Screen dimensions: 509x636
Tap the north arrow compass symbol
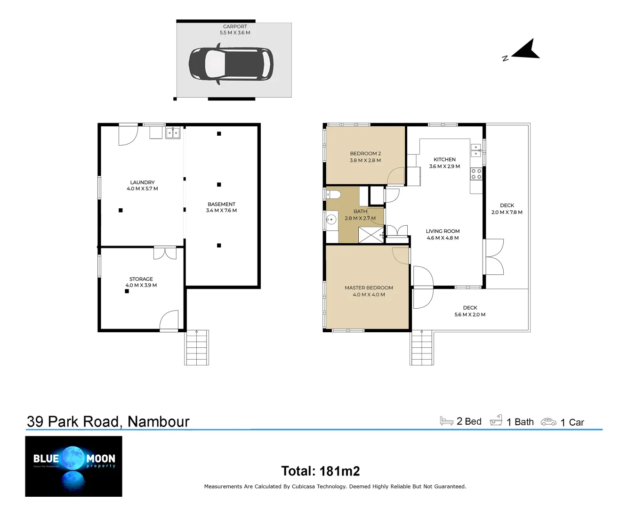coord(525,50)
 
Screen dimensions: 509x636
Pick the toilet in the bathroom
coord(333,194)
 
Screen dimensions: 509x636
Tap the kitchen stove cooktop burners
coord(476,174)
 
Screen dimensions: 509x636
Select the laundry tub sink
coord(173,133)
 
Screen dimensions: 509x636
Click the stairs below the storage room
coord(197,348)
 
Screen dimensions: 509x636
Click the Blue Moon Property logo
coord(73,466)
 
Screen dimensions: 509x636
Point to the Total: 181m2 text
coord(320,471)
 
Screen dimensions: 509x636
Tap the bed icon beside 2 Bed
coord(446,421)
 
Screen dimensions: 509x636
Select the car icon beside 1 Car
coord(548,422)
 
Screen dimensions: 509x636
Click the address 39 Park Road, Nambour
coord(108,421)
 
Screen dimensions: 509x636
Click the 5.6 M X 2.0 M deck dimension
coord(470,315)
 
